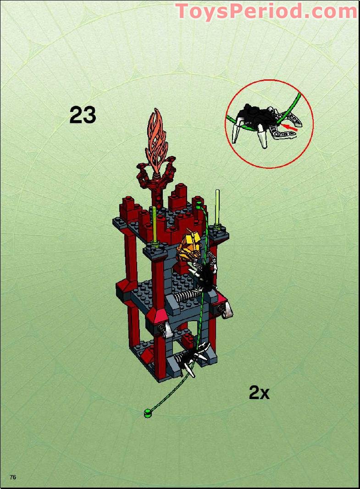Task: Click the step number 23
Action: [x=83, y=115]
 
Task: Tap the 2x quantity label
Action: [x=259, y=393]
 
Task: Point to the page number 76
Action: [x=13, y=477]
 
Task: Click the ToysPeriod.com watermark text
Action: [x=266, y=11]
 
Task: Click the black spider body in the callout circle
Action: [x=255, y=113]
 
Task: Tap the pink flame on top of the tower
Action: [x=158, y=138]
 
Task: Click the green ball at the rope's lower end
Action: [x=147, y=413]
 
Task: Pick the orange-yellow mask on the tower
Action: [x=188, y=248]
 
